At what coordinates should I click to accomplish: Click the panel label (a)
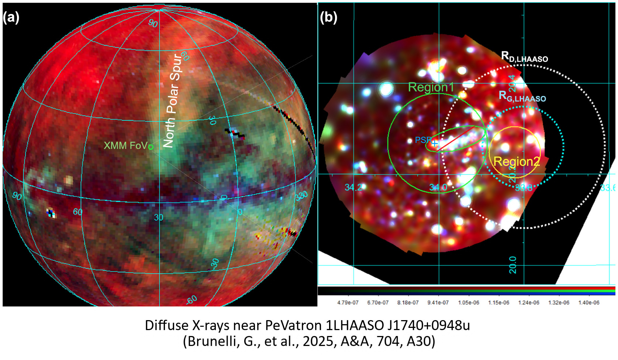pos(11,17)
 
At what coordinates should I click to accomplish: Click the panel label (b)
pos(328,17)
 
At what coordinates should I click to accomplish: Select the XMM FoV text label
pos(125,145)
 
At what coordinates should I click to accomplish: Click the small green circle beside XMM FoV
pos(151,147)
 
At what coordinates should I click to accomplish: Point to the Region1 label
pos(431,87)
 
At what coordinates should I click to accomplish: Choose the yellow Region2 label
pos(517,161)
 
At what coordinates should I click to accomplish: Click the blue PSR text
pos(423,140)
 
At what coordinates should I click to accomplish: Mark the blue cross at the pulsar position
pos(435,143)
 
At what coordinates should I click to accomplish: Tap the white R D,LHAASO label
pos(524,57)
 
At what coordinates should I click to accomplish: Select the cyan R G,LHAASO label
pos(522,96)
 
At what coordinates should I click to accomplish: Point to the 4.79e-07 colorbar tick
pos(348,303)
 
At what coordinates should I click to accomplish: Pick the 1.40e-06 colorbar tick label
pos(588,303)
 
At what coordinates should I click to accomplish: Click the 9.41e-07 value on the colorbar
pos(438,303)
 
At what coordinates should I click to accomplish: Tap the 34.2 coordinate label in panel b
pos(353,188)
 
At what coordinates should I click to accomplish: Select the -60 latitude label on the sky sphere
pos(191,299)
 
